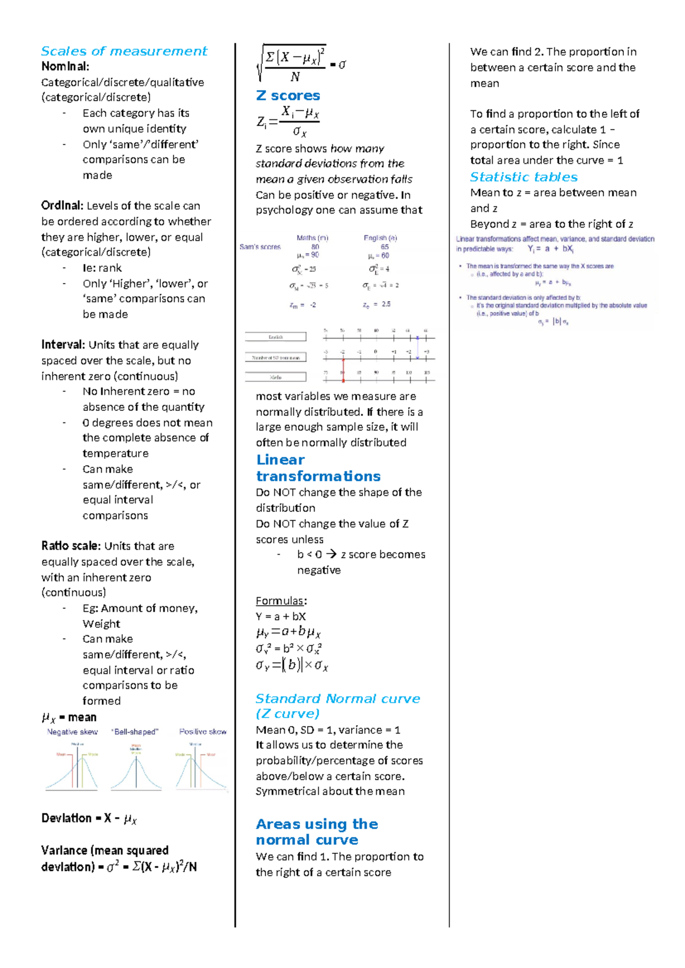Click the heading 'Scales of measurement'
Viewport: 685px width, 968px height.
(x=124, y=51)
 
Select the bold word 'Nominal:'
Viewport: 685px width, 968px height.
(x=65, y=67)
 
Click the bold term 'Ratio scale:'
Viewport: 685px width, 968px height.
(x=71, y=546)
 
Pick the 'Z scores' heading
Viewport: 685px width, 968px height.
(x=288, y=95)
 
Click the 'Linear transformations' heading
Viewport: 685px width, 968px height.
(x=318, y=468)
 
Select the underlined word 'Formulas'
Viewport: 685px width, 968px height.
(x=280, y=601)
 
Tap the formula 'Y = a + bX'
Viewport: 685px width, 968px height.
(x=281, y=616)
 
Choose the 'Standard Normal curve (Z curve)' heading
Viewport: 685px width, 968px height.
(x=337, y=706)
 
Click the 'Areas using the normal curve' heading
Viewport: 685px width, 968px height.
(x=317, y=832)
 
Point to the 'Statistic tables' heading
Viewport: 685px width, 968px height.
(x=523, y=177)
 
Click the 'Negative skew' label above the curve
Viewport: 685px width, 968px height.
(x=72, y=732)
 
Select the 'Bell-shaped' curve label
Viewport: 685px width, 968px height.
(x=135, y=732)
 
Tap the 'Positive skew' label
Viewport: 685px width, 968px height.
(x=203, y=732)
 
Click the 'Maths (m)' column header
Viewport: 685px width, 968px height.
(x=312, y=238)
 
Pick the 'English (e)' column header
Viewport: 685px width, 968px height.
(x=380, y=238)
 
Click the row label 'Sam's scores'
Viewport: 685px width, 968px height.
(x=260, y=247)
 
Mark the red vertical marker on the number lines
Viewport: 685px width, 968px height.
(x=343, y=368)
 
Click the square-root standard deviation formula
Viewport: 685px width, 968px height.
(x=301, y=63)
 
